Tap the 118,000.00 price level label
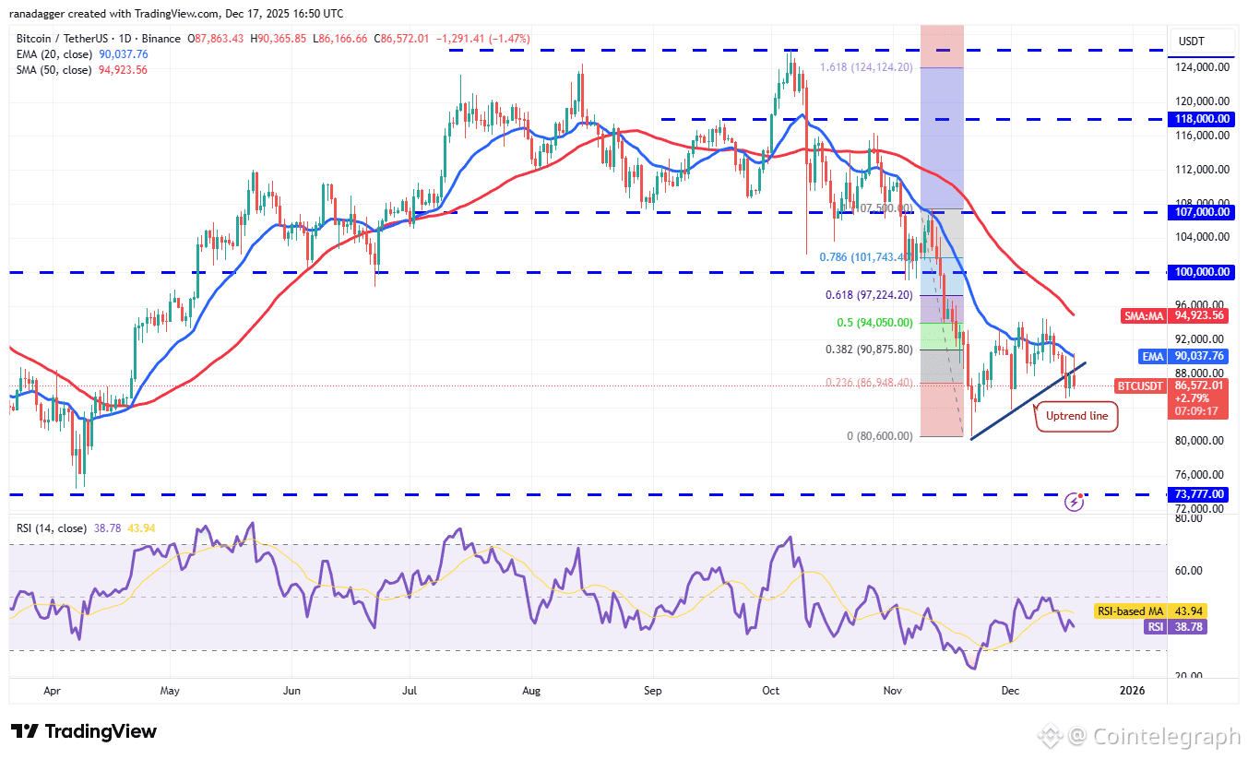click(1201, 119)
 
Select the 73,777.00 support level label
click(1201, 494)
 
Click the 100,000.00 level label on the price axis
click(1201, 272)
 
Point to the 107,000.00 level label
click(1201, 212)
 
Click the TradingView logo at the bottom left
click(85, 732)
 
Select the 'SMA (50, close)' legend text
click(53, 69)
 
